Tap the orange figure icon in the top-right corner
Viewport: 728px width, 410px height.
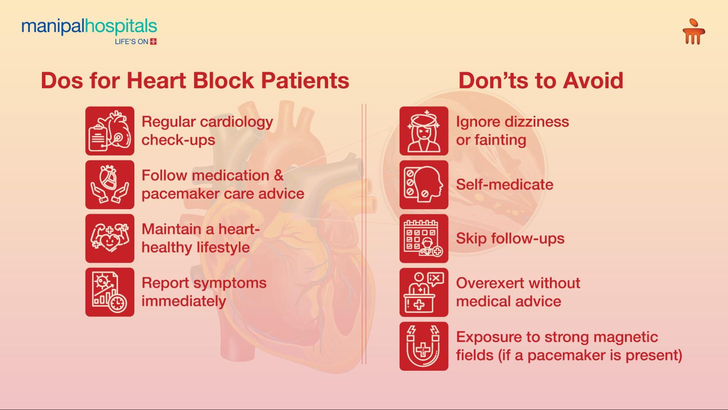[693, 32]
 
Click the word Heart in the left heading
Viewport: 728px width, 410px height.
[156, 81]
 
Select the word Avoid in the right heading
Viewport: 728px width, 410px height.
[593, 81]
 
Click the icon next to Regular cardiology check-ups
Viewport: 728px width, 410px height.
[110, 131]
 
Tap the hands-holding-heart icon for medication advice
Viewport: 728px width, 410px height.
[110, 185]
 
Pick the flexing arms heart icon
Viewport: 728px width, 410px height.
[110, 238]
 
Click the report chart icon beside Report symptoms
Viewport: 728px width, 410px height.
[110, 292]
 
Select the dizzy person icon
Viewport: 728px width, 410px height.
[424, 131]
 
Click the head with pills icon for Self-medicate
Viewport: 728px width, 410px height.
[424, 185]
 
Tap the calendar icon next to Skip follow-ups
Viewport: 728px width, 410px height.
[424, 238]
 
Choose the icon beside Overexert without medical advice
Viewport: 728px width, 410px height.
[424, 292]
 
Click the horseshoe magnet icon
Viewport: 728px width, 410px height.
[424, 346]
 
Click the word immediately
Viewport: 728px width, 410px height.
[184, 302]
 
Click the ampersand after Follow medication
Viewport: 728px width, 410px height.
[279, 176]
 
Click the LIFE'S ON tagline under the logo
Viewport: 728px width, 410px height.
[135, 42]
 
